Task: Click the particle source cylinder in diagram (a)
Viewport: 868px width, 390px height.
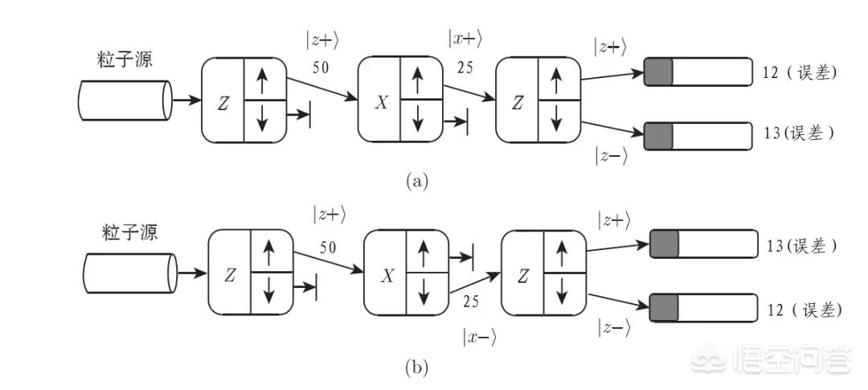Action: (x=125, y=101)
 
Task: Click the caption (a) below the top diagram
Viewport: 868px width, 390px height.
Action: (x=415, y=180)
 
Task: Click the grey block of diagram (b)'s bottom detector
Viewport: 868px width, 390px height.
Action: (x=665, y=308)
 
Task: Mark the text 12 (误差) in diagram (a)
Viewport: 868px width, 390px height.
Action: (x=799, y=73)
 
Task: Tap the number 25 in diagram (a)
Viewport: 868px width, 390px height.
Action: (x=465, y=68)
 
